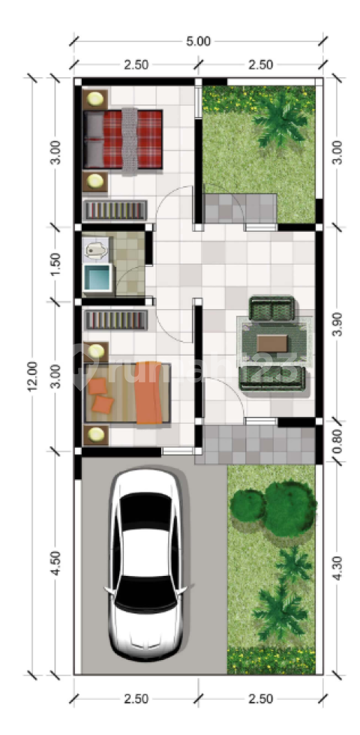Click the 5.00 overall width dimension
click(x=199, y=41)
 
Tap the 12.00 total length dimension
click(x=32, y=376)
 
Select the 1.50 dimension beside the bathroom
click(x=55, y=264)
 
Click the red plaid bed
click(x=123, y=139)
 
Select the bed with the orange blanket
click(x=127, y=393)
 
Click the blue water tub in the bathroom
click(x=97, y=278)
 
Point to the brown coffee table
click(x=273, y=343)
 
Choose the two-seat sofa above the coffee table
click(x=271, y=308)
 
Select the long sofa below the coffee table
click(x=272, y=378)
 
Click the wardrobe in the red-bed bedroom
click(x=115, y=209)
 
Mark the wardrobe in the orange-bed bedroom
click(x=115, y=319)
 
